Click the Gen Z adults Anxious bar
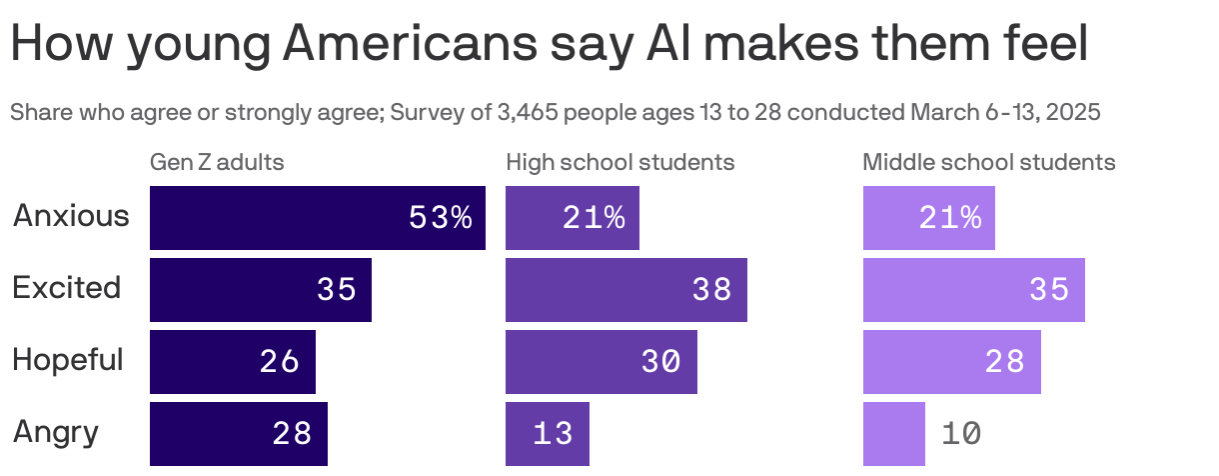(317, 218)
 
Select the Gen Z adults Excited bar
(260, 290)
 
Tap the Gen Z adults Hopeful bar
(232, 362)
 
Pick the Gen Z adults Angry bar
(238, 433)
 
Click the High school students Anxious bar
(572, 218)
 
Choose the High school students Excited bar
(625, 290)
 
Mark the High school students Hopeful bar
(601, 362)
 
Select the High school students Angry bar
(547, 433)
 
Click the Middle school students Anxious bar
(928, 218)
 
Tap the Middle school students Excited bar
(973, 290)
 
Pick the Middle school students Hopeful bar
(951, 362)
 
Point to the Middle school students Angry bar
(893, 433)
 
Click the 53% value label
(440, 218)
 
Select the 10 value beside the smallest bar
(960, 434)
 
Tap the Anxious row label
(71, 216)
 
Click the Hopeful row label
(68, 360)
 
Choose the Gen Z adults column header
(217, 162)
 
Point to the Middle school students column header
(988, 162)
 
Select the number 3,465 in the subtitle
(531, 112)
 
